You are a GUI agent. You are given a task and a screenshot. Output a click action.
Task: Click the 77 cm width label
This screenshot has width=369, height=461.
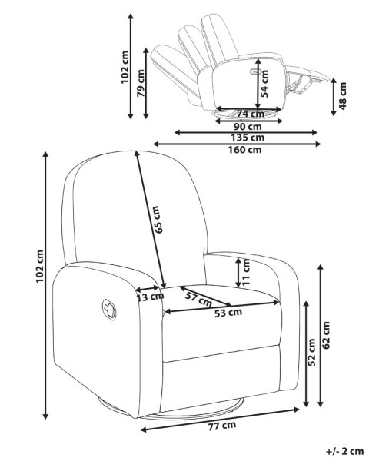point(222,426)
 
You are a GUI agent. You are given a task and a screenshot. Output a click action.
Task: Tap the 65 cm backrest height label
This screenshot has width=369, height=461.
point(158,219)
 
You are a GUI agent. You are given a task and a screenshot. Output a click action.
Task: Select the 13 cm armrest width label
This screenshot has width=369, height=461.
point(150,297)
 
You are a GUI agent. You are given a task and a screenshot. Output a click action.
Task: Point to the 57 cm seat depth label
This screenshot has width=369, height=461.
point(198,300)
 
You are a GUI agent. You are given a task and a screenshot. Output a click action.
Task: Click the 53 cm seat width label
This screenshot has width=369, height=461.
point(228,313)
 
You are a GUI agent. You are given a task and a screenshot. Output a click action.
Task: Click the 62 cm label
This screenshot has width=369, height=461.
point(326,335)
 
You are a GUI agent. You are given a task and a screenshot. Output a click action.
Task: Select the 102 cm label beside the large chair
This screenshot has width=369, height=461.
point(40,267)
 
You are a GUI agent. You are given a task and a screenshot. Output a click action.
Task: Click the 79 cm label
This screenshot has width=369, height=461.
point(141,83)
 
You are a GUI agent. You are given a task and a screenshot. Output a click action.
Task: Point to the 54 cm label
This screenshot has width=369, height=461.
point(264,84)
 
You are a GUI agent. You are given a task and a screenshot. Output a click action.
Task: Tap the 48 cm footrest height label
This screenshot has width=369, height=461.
point(343,96)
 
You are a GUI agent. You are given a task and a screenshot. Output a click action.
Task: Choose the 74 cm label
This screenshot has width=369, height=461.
point(251,114)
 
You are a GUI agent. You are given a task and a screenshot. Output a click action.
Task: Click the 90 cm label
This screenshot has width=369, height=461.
point(248,127)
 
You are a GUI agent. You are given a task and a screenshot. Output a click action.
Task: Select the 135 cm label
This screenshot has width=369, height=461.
point(248,138)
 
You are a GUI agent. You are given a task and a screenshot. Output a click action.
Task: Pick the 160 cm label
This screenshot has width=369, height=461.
point(244,150)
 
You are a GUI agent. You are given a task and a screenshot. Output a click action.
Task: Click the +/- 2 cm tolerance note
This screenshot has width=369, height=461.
point(344,451)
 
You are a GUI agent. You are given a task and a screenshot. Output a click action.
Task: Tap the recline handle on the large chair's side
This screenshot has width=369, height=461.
point(109,310)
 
